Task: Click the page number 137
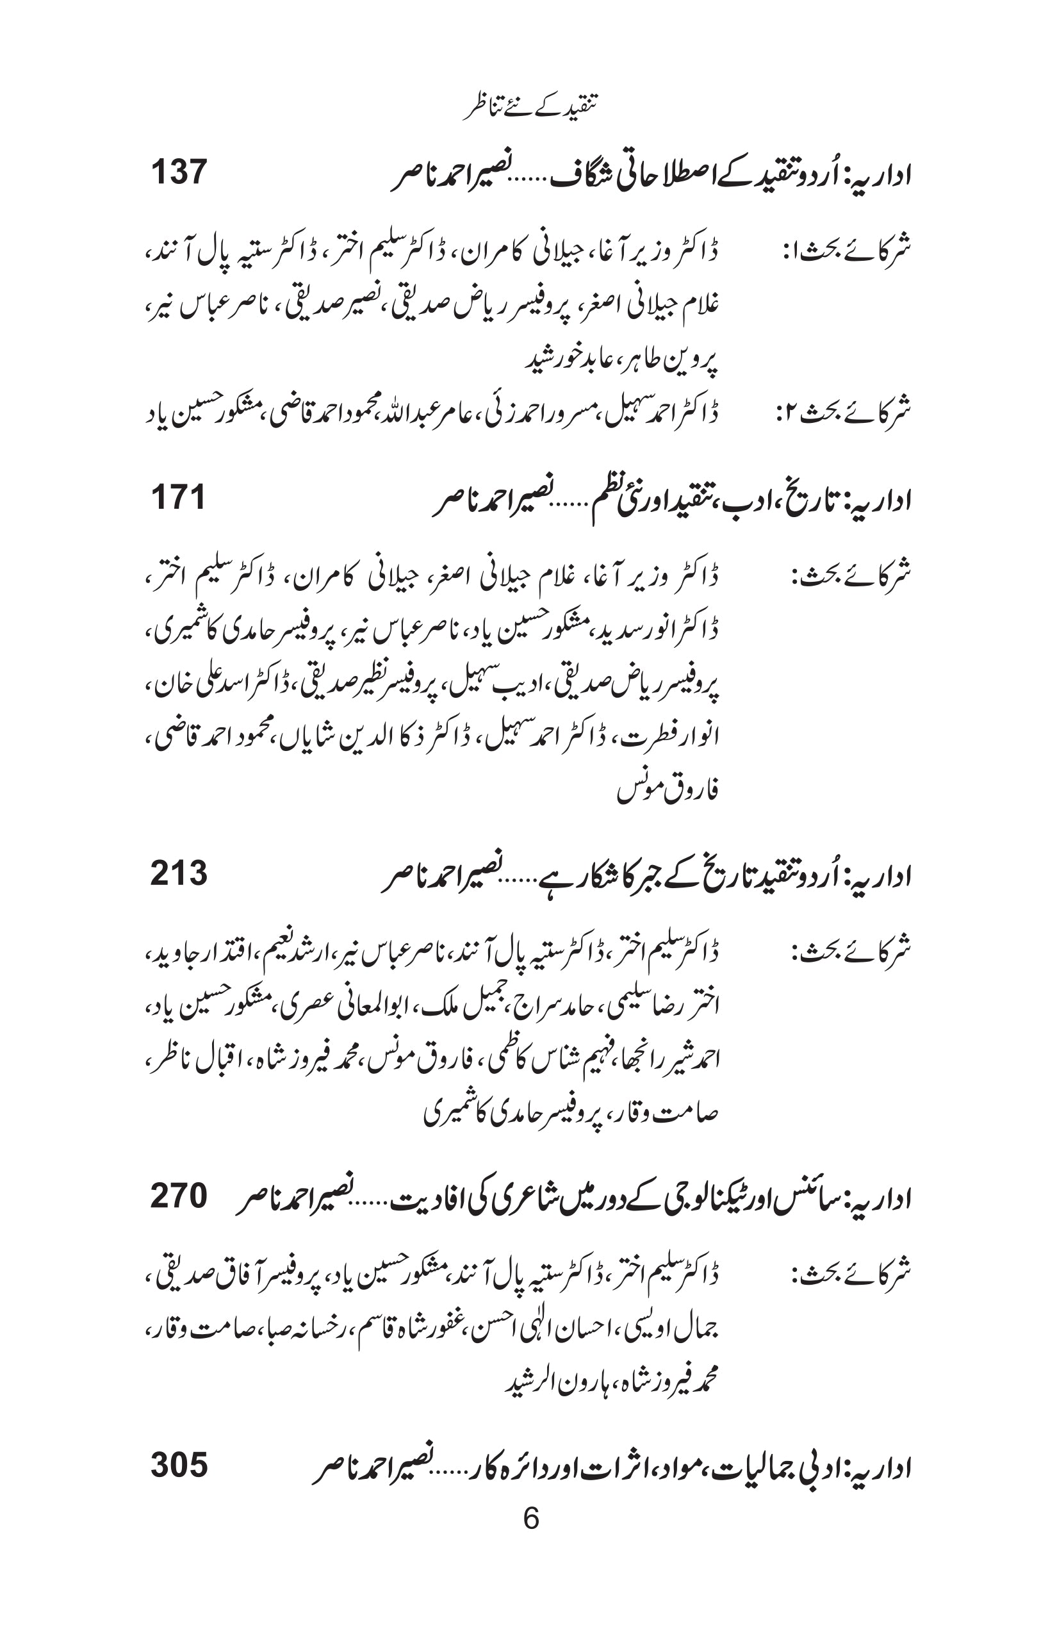[179, 172]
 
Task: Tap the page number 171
[178, 497]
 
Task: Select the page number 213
[179, 873]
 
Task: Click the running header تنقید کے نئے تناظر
[529, 108]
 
